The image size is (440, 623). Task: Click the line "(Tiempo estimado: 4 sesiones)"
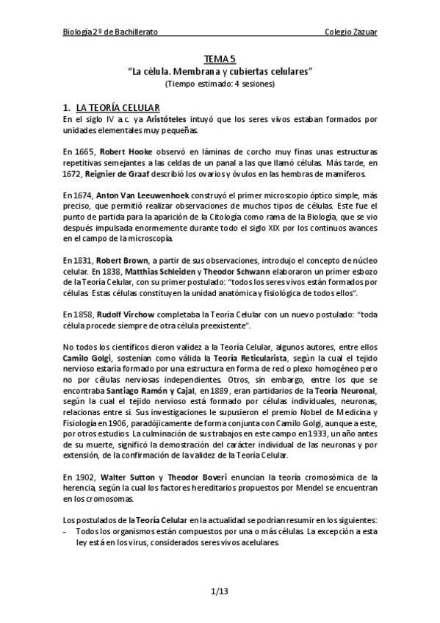[x=220, y=84]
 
